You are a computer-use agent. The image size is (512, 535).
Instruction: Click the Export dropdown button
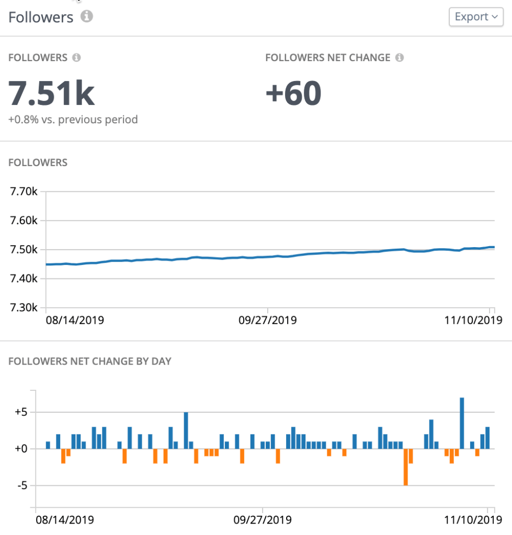coord(475,17)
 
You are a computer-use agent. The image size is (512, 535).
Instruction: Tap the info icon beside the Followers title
coord(87,17)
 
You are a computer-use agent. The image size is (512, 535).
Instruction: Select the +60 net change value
coord(293,93)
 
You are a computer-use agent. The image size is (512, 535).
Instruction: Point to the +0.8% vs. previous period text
coord(73,120)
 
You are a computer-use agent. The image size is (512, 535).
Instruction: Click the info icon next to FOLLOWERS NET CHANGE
coord(400,57)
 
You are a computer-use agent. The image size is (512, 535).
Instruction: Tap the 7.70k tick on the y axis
coord(24,191)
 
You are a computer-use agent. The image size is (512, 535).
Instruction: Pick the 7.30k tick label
coord(24,308)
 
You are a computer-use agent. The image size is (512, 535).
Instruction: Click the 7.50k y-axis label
coord(24,250)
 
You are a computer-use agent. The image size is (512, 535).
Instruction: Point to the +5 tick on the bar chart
coord(20,412)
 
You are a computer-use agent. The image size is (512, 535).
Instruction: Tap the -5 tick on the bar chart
coord(21,486)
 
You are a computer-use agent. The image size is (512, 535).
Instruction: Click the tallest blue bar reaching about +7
coord(462,423)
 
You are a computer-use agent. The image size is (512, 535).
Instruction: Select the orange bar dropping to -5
coord(405,467)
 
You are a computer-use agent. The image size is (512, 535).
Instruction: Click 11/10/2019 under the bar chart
coord(468,520)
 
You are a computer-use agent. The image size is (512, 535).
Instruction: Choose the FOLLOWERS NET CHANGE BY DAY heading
coord(89,361)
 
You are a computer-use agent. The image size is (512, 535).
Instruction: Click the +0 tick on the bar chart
coord(20,449)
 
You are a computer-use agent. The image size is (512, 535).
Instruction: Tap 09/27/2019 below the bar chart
coord(263,520)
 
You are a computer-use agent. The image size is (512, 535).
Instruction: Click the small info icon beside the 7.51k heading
coord(76,57)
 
